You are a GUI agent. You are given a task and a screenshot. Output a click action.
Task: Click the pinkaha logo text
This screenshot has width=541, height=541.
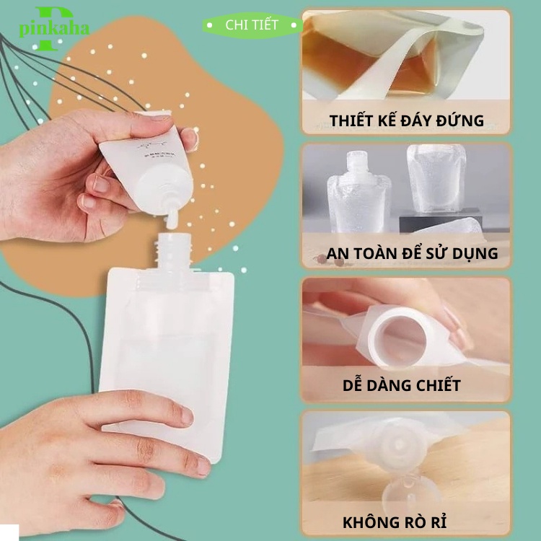(x=54, y=28)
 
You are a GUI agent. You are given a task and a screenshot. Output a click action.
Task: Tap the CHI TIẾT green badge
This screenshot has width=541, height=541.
(x=252, y=25)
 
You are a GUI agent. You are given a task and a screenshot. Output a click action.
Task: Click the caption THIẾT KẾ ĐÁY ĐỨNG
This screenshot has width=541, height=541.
(x=407, y=120)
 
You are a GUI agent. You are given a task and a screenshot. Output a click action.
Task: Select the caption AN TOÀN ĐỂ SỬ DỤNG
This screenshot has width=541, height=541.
(x=412, y=253)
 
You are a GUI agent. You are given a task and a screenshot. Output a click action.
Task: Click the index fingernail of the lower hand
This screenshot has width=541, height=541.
(x=186, y=415)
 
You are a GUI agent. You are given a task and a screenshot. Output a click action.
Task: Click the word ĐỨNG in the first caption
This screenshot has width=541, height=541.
(x=459, y=120)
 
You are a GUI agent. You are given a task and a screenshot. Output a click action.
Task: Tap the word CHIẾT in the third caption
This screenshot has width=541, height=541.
(x=436, y=385)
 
